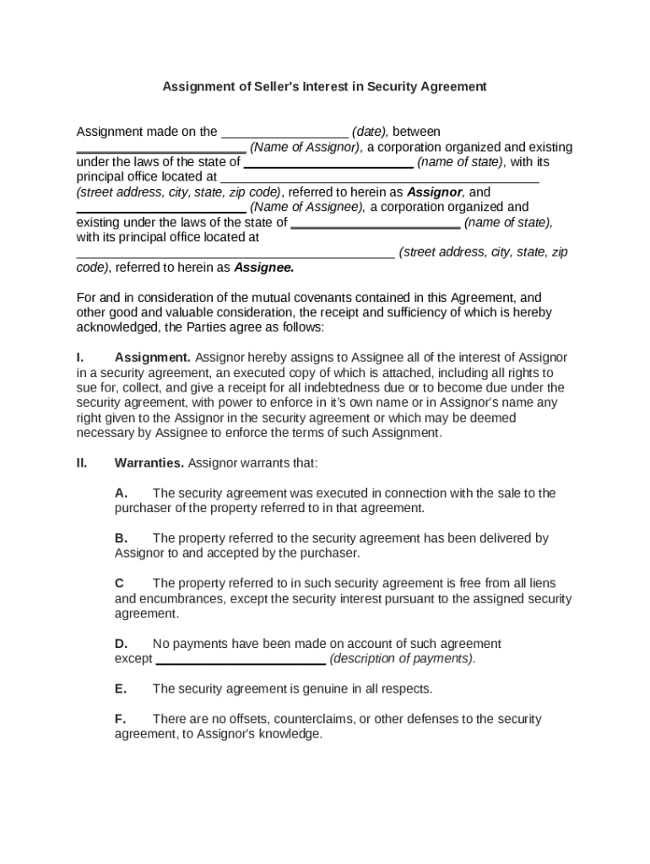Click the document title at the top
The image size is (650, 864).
pos(324,86)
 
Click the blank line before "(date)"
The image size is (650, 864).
pos(284,133)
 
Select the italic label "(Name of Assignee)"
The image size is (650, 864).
pos(308,207)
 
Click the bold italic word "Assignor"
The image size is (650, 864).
pos(435,192)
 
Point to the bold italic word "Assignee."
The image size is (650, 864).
pos(263,267)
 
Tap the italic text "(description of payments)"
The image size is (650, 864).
pos(403,659)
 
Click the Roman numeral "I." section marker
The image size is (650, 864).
pos(82,358)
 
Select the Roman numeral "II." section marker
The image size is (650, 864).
pos(83,463)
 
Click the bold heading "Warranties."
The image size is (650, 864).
pos(149,463)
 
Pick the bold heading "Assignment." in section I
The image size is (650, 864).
pos(153,358)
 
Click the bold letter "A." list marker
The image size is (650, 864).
pos(122,493)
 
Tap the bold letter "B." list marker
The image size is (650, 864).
pos(122,538)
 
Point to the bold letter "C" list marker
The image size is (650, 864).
pos(120,583)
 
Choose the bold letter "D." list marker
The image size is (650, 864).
pos(122,644)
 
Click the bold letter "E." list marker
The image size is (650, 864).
pos(121,688)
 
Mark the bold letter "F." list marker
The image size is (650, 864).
pos(121,719)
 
